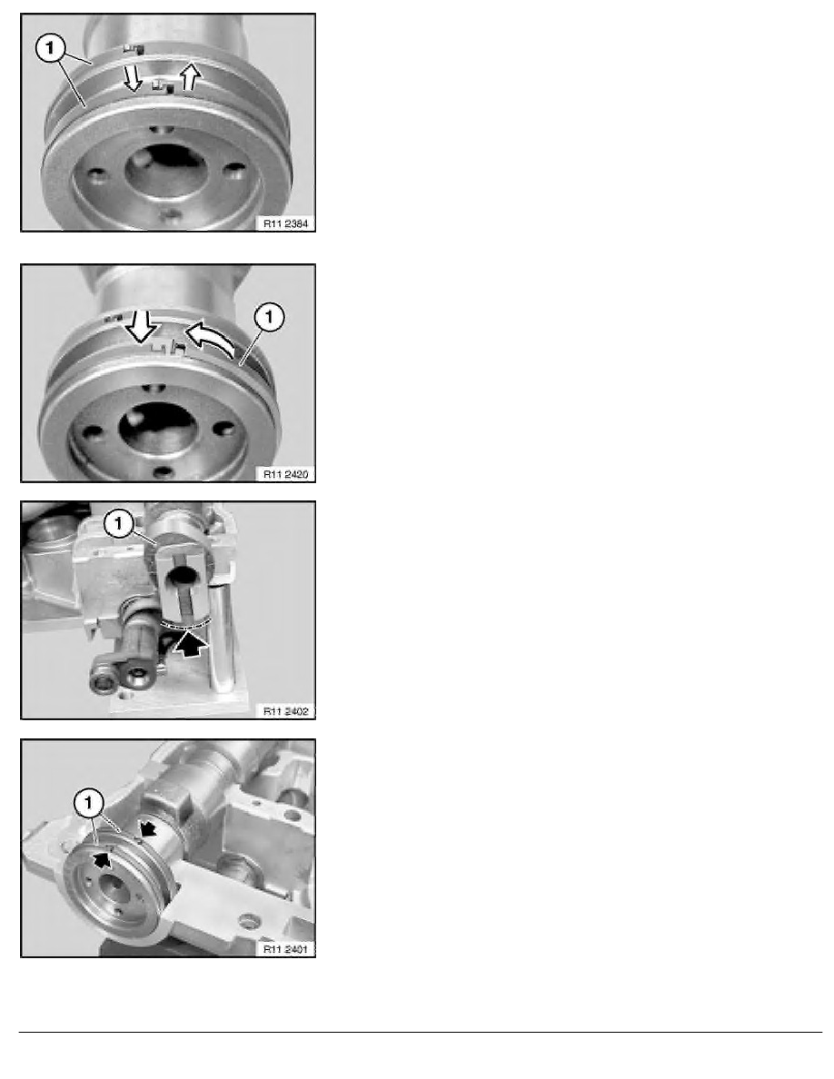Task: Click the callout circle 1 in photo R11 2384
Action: click(50, 50)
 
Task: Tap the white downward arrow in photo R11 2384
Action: click(133, 78)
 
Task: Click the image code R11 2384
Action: click(285, 223)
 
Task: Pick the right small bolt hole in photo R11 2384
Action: click(234, 169)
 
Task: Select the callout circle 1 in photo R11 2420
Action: click(269, 317)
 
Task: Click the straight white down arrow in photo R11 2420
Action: click(143, 326)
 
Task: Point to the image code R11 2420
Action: click(285, 474)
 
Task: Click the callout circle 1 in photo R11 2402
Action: click(118, 524)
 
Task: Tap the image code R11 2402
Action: click(285, 711)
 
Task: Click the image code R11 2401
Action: click(285, 949)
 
